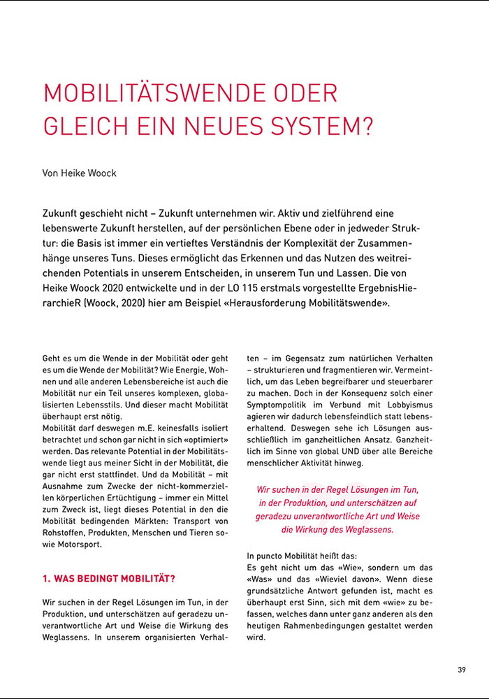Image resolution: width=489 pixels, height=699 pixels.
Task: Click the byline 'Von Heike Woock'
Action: (x=80, y=173)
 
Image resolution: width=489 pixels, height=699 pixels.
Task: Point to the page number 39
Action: (x=462, y=670)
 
